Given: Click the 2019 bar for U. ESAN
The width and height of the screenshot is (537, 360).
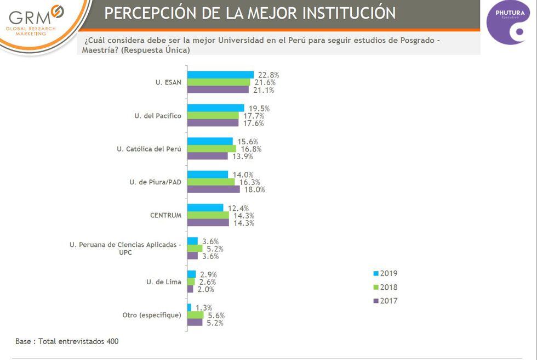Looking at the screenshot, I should (220, 75).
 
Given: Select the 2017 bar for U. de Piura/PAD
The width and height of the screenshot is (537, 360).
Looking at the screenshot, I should (214, 189).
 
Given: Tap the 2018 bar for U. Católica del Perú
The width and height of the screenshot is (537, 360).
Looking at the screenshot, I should (212, 149).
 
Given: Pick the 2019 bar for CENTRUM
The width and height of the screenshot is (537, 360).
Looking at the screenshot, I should (205, 208).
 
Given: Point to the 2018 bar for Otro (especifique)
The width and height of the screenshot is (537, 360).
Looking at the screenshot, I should (195, 316).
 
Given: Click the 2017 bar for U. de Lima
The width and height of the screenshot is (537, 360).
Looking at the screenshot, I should (190, 289).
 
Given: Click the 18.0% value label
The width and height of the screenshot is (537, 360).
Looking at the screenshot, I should (254, 189).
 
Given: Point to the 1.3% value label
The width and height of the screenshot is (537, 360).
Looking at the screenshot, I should (203, 308).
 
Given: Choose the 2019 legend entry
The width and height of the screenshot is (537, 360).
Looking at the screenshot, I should (385, 273).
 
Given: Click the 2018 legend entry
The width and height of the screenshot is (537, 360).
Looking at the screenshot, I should (385, 287).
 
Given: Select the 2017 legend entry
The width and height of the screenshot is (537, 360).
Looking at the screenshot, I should (385, 301).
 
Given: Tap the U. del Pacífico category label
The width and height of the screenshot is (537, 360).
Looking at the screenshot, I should (158, 116).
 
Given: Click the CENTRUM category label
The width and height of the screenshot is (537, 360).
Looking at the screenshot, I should (165, 215).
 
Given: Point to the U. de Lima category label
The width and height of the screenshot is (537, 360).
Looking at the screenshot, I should (163, 282).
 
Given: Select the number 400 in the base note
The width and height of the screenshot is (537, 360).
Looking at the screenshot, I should (112, 341).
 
